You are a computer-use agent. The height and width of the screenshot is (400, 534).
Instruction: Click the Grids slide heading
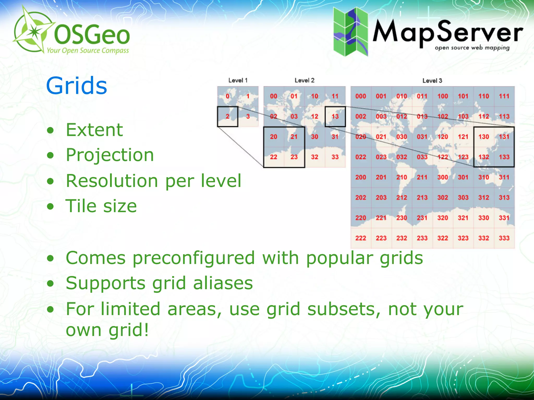[76, 86]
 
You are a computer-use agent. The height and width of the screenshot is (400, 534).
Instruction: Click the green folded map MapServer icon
[350, 32]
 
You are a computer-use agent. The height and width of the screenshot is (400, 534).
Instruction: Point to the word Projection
[110, 155]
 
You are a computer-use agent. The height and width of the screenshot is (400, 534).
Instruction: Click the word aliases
[223, 283]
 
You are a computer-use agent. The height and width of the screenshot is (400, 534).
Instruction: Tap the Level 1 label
[238, 80]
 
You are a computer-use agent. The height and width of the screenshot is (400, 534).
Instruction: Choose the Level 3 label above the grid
[432, 81]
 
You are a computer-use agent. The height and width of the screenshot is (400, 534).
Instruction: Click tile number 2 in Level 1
[227, 116]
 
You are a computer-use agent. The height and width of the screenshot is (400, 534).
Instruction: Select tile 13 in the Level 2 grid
[335, 116]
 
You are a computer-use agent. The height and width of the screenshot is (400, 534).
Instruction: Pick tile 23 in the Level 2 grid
[294, 157]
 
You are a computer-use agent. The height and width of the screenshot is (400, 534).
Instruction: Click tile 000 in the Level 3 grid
[361, 96]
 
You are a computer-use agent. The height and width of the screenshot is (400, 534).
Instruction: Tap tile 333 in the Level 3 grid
[504, 238]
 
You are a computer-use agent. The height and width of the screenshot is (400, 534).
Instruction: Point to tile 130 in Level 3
[483, 137]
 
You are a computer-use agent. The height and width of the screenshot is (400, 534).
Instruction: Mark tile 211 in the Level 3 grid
[422, 177]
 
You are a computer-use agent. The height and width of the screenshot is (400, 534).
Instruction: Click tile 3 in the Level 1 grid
[248, 116]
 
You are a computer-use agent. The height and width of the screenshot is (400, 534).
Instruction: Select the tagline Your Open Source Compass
[88, 50]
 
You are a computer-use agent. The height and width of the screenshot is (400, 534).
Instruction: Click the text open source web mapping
[472, 48]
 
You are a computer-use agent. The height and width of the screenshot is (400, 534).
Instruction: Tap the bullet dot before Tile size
[50, 207]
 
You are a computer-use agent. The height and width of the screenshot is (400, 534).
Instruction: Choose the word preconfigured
[193, 258]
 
